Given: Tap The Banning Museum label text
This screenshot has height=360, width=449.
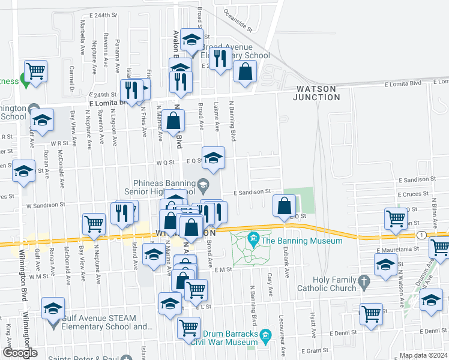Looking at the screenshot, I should point(301,241).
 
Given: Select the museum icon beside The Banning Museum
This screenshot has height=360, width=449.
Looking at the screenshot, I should point(253,241).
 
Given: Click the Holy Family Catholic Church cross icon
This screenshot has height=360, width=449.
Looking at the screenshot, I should point(363,281).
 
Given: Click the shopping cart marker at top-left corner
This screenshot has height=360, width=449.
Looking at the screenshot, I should point(35,71).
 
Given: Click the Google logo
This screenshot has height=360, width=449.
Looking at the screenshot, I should point(20,353).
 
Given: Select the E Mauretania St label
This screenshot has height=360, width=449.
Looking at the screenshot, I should point(396,248).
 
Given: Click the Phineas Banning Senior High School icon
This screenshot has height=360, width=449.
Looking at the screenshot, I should point(203,184).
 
